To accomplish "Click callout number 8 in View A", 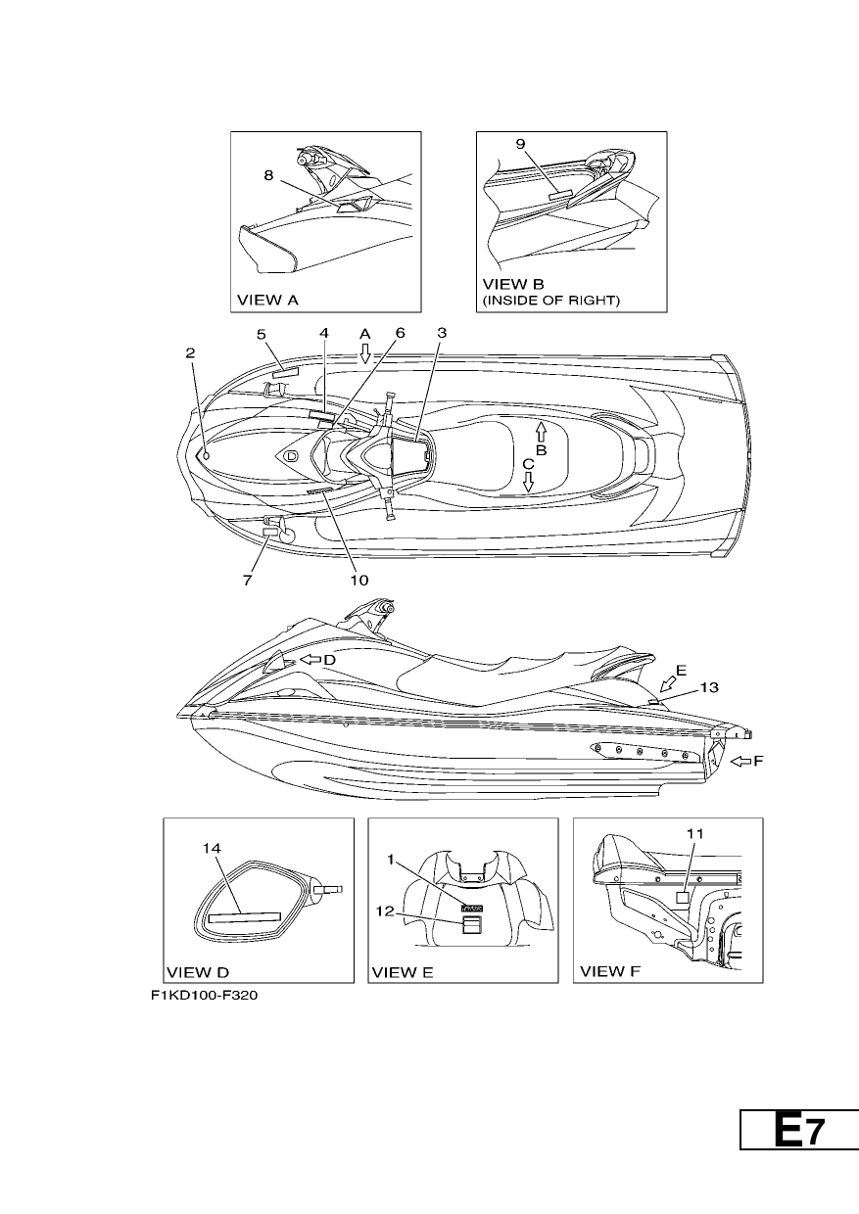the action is tap(268, 175).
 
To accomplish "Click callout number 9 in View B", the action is tap(521, 144).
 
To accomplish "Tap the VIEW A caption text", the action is tap(268, 300).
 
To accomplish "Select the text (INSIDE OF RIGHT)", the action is tap(551, 301).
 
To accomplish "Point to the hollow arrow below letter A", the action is tap(365, 352).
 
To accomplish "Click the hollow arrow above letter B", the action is tap(541, 432).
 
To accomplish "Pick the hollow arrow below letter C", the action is tap(528, 482).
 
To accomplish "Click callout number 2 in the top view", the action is tap(190, 352).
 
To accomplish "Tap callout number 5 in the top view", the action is tap(262, 334).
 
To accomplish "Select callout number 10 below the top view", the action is tap(359, 580).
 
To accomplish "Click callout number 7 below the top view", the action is tap(247, 580).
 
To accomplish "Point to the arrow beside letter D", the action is tap(310, 660).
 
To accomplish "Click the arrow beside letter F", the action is tap(740, 762).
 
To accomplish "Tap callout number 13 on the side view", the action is tap(709, 687).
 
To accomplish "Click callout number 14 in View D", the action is tap(212, 848).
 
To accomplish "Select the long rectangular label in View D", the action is tap(245, 917).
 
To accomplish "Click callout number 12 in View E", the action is tap(385, 911).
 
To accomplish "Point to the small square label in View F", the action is tap(683, 898).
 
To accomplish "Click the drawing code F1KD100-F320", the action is tap(205, 996).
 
